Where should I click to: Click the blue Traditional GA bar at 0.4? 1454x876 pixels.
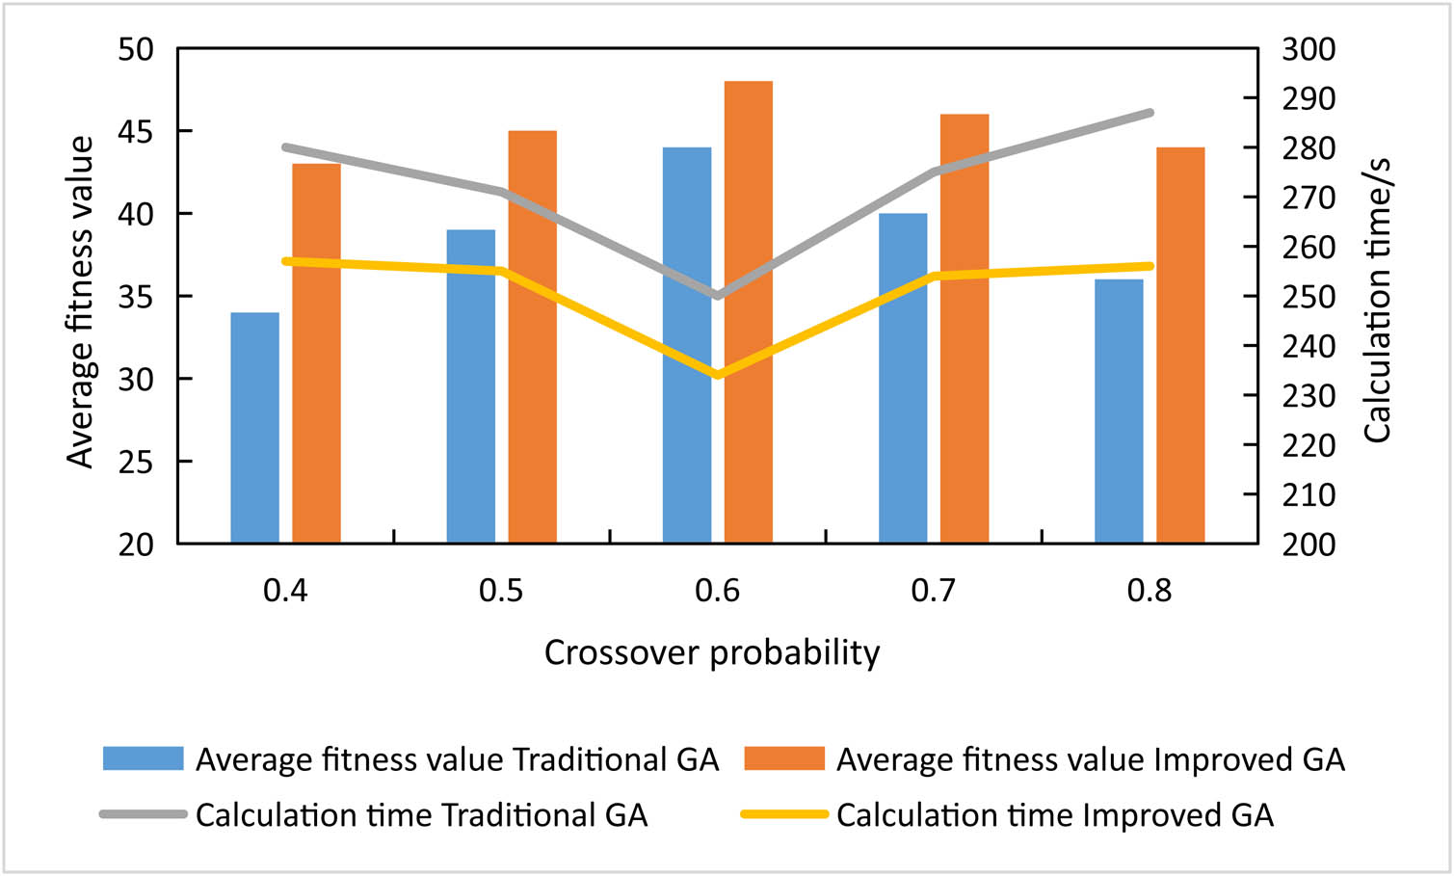point(255,428)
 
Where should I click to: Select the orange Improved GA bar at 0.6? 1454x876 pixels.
point(749,312)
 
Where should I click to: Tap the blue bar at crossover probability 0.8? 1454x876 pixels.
point(1119,411)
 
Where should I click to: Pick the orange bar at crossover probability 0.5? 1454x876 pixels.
point(533,336)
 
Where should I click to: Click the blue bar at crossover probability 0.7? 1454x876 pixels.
point(903,378)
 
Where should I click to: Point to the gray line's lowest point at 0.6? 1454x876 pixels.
point(718,296)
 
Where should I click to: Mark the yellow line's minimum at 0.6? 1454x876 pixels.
point(718,375)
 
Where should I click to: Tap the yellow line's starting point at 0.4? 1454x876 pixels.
point(286,261)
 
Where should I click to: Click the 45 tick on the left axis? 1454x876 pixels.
point(136,131)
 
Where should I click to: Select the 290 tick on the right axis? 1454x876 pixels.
point(1308,98)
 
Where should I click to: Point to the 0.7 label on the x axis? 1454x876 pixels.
point(933,590)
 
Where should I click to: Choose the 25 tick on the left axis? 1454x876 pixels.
point(136,462)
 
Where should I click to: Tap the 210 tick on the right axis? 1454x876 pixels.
point(1308,495)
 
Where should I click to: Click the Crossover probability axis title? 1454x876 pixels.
point(712,652)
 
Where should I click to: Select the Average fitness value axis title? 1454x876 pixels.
point(81,302)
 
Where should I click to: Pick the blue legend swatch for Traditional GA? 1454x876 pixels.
point(143,758)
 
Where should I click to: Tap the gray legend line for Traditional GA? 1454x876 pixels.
point(143,814)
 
